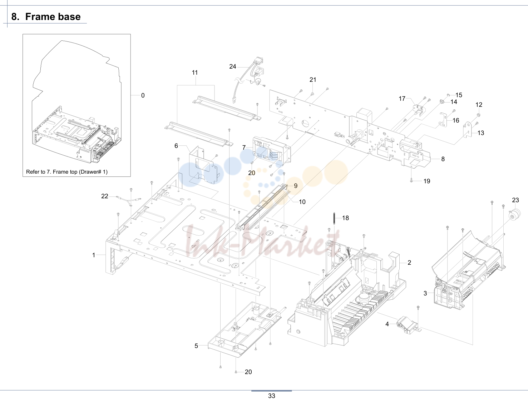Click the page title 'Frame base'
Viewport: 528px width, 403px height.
[53, 17]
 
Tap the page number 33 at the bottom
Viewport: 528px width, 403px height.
[272, 396]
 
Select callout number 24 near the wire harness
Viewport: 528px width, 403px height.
[233, 66]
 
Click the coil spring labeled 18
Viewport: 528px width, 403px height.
[334, 219]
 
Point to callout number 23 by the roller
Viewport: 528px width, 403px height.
[515, 200]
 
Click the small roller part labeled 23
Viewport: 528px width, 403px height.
[514, 214]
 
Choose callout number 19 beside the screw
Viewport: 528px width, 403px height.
[427, 181]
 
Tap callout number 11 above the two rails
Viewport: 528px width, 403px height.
[195, 73]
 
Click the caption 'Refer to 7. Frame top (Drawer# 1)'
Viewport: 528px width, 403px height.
[66, 172]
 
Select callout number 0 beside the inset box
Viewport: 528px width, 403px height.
[143, 96]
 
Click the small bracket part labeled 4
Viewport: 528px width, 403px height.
[408, 325]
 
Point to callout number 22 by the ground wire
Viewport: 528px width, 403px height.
[105, 196]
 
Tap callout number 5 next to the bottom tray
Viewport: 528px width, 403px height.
[196, 346]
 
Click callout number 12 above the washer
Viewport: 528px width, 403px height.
[479, 105]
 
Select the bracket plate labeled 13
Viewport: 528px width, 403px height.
[467, 130]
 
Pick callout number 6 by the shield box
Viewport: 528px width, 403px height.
[176, 146]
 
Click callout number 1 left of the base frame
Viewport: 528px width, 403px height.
[94, 255]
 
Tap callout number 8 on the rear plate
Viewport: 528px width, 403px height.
[443, 159]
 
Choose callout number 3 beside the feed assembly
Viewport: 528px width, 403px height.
[425, 293]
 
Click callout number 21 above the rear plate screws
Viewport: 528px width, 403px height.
[313, 80]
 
